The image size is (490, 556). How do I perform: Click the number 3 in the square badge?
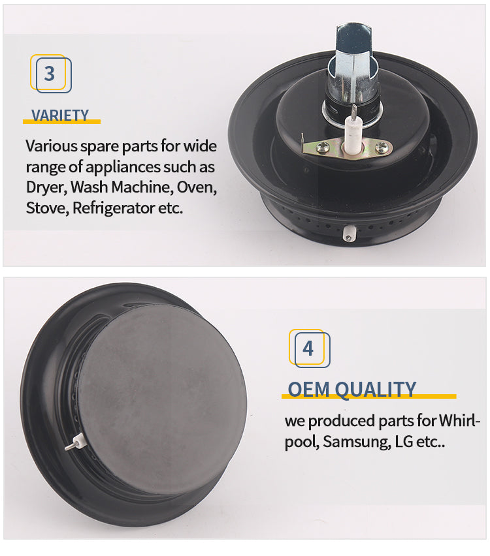coord(50,74)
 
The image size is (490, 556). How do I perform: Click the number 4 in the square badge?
coord(308,348)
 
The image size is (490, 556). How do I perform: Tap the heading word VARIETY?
coord(60,116)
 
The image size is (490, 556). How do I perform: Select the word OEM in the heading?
coord(308,390)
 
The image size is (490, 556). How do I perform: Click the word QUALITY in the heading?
coord(375,390)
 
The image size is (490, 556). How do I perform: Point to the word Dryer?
coord(46,187)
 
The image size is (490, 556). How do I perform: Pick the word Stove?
coord(47,208)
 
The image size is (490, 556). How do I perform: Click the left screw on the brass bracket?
coord(322,147)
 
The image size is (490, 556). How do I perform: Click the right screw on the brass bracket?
coord(382,146)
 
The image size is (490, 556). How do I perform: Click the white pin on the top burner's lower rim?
coord(349,234)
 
